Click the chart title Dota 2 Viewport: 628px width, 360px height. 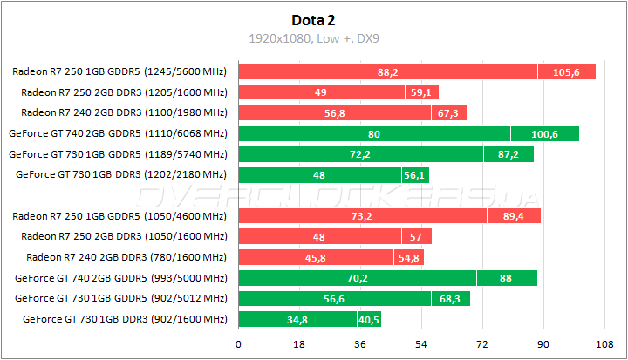tap(313, 19)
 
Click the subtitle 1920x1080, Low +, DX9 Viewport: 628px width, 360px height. tap(313, 38)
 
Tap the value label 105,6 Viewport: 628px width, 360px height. tap(566, 71)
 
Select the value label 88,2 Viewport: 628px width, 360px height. tap(388, 71)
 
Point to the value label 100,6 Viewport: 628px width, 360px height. tap(545, 133)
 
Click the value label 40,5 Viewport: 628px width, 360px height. tap(369, 319)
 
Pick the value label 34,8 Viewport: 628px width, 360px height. tap(297, 319)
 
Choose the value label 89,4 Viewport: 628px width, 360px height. tap(514, 216)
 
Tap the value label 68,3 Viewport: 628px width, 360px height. tap(450, 298)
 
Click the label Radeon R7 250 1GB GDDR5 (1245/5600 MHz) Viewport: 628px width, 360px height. tap(120, 71)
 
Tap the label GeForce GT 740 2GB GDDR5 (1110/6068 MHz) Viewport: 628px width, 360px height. tap(118, 133)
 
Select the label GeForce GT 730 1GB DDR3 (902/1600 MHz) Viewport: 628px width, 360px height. tap(120, 319)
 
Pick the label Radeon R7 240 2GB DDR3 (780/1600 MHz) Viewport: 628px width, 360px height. tap(126, 257)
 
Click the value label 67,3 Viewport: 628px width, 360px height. tap(448, 112)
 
